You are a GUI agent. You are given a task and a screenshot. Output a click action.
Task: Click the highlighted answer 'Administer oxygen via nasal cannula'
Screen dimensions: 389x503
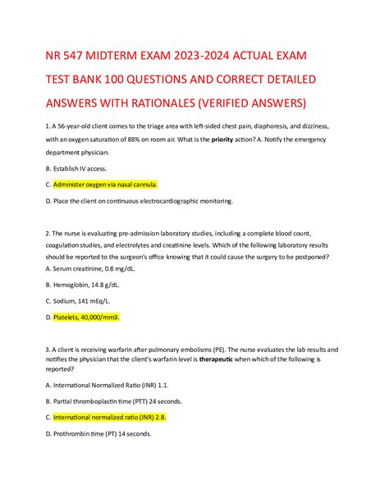105,185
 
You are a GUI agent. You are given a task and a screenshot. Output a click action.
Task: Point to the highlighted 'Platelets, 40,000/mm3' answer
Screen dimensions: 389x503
87,317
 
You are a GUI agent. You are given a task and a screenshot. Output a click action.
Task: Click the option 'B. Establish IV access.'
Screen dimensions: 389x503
77,169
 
